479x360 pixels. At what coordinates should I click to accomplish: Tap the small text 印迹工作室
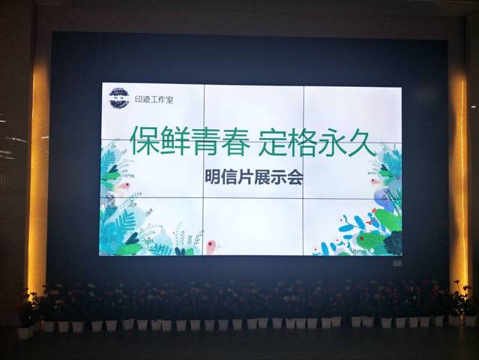click(x=154, y=99)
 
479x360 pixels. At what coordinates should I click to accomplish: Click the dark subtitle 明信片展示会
click(x=254, y=177)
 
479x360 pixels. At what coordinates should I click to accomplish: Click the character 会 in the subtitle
click(x=295, y=178)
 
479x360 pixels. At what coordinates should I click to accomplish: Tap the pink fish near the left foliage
click(x=124, y=185)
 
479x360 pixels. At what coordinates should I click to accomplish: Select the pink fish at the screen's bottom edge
click(x=211, y=247)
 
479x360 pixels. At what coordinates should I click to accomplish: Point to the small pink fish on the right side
click(x=375, y=181)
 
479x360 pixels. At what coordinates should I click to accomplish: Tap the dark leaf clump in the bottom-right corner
click(x=393, y=243)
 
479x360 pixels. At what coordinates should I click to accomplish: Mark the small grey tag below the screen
click(x=397, y=262)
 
